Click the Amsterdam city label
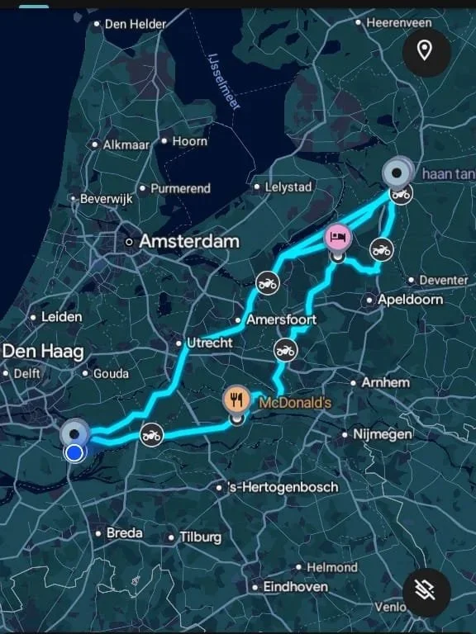(188, 242)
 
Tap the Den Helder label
(136, 24)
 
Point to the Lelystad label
(288, 187)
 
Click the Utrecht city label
(208, 342)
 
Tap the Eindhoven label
(295, 587)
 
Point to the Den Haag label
(43, 352)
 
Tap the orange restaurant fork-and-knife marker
(237, 400)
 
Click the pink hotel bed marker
(336, 238)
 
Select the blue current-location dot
(75, 452)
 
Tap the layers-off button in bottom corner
(426, 590)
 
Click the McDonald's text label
(295, 404)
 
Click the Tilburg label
(200, 537)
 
